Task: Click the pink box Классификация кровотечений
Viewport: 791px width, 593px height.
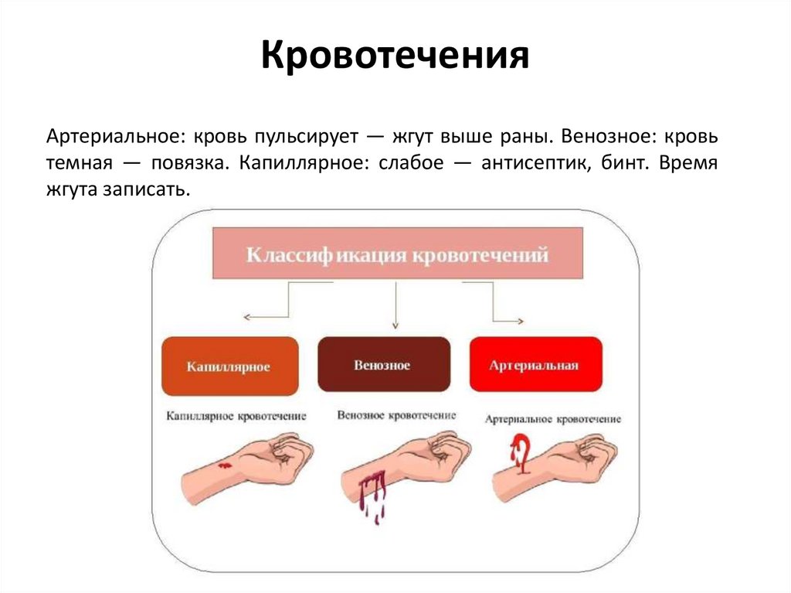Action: point(397,254)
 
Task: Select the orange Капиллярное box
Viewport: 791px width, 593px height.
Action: point(229,366)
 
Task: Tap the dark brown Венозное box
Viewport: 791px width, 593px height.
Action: point(384,363)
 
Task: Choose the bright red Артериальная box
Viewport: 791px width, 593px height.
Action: point(535,365)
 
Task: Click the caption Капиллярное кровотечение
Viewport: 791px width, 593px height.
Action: point(236,417)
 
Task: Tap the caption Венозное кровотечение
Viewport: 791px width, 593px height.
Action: point(396,415)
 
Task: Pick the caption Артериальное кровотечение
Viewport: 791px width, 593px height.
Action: point(553,419)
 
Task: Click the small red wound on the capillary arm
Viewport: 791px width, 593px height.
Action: point(224,466)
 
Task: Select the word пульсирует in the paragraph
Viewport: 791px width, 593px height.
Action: point(307,137)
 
